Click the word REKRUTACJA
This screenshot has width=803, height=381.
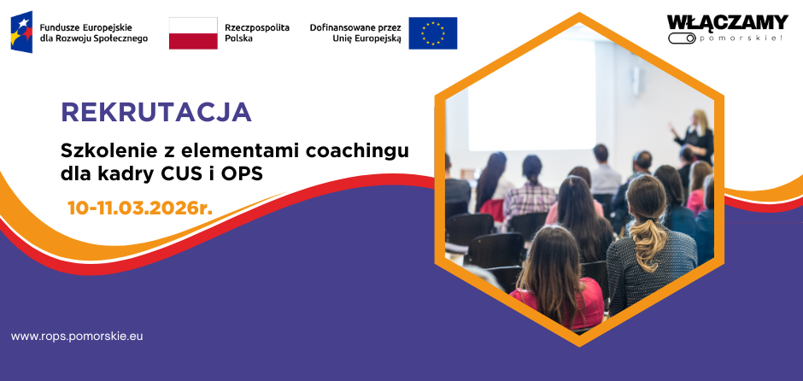click(156, 112)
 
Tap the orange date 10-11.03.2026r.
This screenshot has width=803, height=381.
click(140, 208)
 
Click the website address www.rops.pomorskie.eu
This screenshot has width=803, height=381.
click(77, 337)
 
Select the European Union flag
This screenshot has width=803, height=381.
click(433, 33)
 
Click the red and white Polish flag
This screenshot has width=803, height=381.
click(193, 33)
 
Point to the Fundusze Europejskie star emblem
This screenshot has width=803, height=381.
click(21, 32)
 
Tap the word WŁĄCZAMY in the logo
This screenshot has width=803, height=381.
click(727, 23)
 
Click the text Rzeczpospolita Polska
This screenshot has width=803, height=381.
click(257, 32)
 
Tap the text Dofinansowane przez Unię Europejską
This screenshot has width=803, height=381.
click(355, 32)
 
